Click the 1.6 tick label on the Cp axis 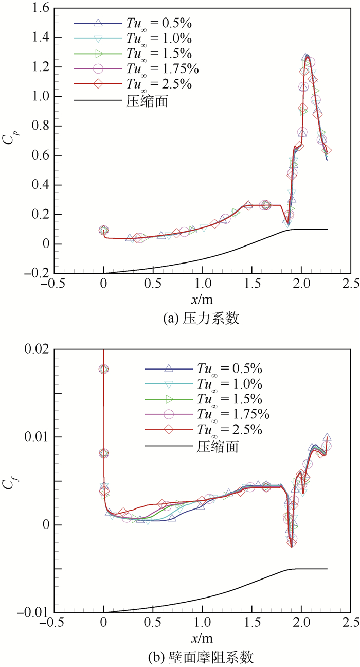coord(41,8)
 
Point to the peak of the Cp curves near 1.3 coord(307,55)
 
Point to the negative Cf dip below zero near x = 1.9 coord(292,545)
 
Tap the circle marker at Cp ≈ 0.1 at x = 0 coord(103,231)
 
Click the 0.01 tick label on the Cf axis coord(37,437)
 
